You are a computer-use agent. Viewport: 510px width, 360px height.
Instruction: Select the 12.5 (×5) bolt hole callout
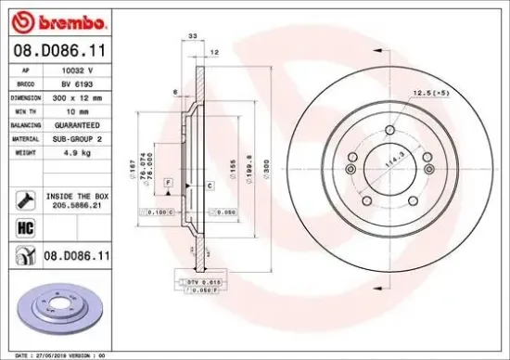[x=431, y=93]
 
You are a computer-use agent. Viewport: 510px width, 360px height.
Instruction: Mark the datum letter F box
[x=169, y=182]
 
